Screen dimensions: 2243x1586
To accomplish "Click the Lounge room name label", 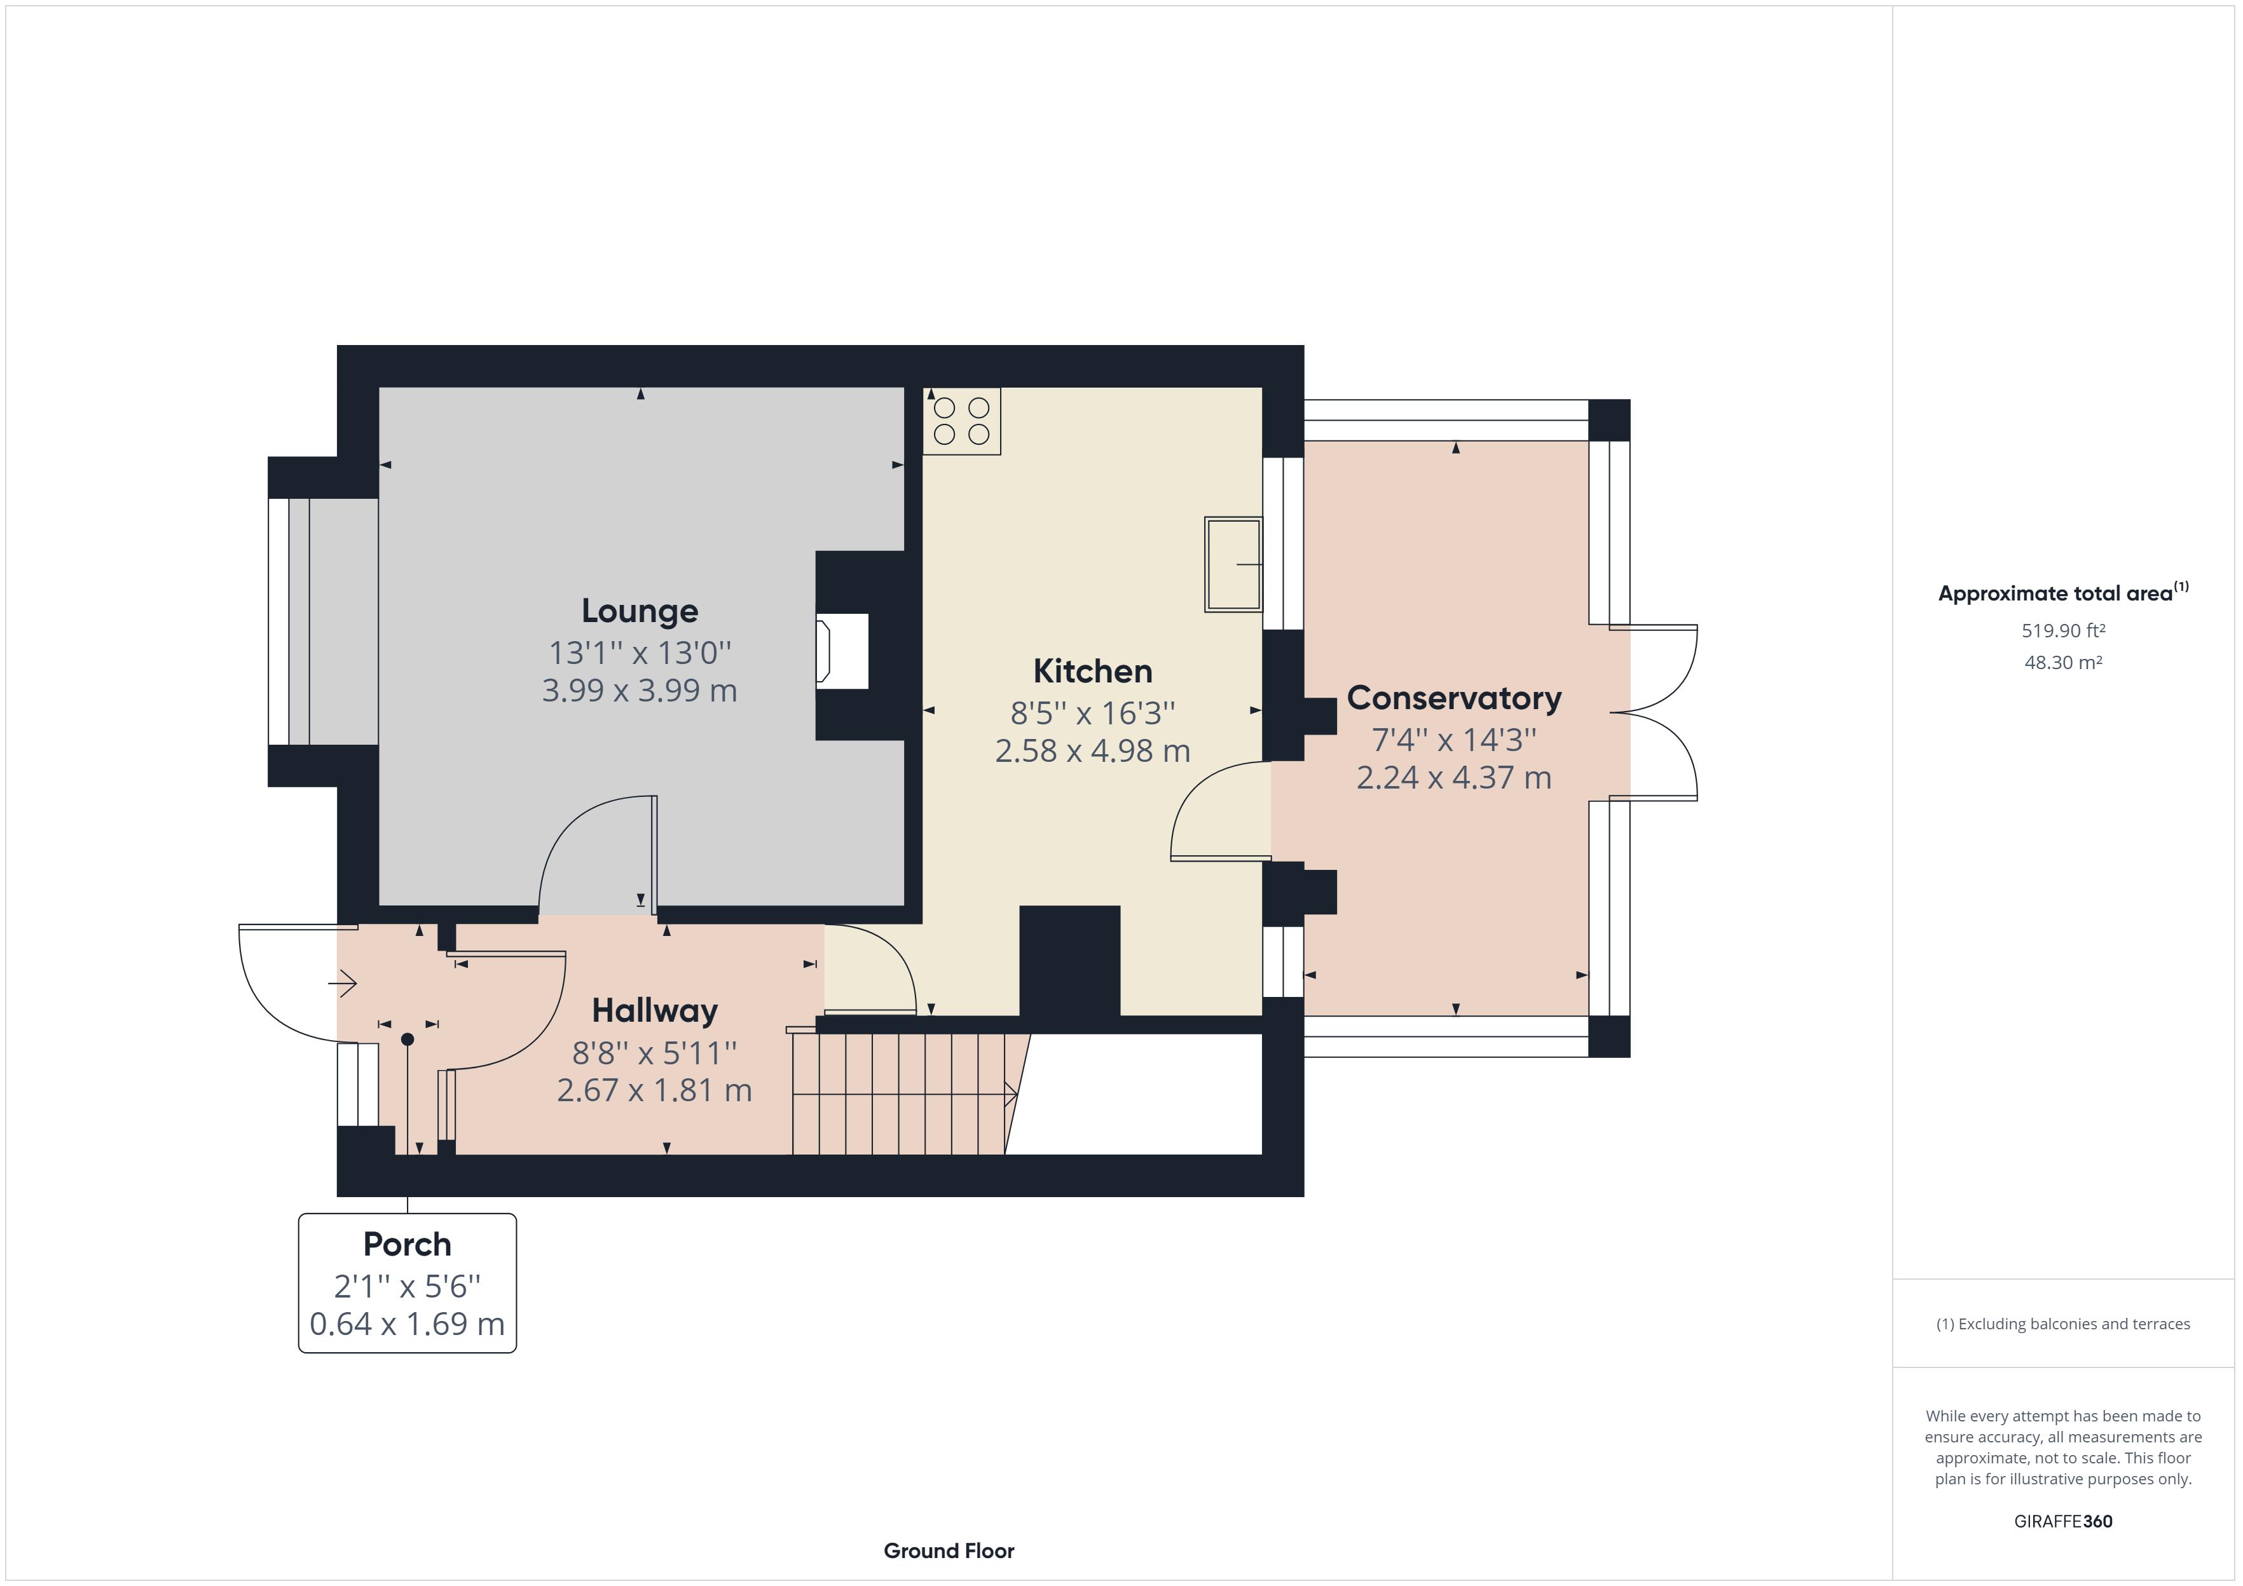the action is click(640, 611).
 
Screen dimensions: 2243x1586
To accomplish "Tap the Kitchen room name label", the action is click(1092, 671).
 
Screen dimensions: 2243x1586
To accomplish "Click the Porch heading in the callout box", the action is click(408, 1244).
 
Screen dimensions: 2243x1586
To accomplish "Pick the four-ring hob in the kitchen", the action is click(961, 421).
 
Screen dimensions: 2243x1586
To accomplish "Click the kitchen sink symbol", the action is click(1233, 564).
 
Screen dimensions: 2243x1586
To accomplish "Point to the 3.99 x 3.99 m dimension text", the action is click(640, 691).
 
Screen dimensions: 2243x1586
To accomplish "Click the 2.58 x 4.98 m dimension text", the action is click(1092, 751).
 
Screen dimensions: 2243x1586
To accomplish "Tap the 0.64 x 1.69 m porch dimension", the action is click(408, 1324).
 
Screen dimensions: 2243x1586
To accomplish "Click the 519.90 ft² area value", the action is click(2063, 631).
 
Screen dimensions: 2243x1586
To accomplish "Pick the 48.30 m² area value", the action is click(2063, 662).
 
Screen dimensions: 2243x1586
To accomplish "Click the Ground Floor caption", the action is click(949, 1551).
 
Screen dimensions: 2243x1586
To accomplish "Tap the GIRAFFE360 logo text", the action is click(2063, 1521).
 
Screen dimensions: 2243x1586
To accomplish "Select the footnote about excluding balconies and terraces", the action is click(2063, 1324).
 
